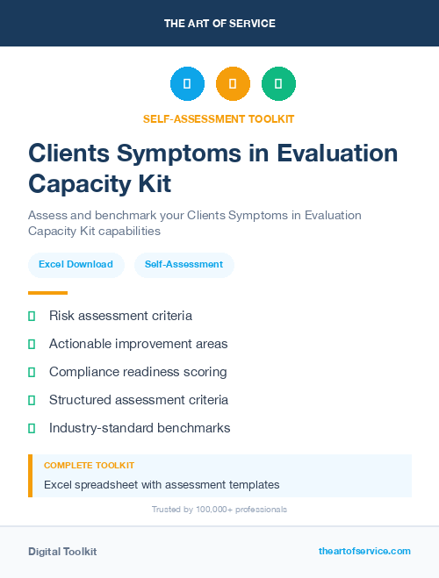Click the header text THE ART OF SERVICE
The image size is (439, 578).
pyautogui.click(x=219, y=24)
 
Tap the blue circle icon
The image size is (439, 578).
pyautogui.click(x=187, y=84)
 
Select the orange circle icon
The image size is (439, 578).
pyautogui.click(x=233, y=84)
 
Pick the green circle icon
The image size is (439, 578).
pyautogui.click(x=278, y=84)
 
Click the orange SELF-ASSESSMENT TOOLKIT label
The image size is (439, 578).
pyautogui.click(x=219, y=119)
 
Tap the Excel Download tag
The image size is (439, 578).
pyautogui.click(x=76, y=264)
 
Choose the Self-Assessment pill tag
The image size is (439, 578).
pyautogui.click(x=184, y=264)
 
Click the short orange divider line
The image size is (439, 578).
pyautogui.click(x=47, y=293)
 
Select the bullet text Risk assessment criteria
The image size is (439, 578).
pyautogui.click(x=120, y=316)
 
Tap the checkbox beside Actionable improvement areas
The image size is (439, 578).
pyautogui.click(x=32, y=344)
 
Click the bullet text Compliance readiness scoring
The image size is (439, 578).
pyautogui.click(x=138, y=372)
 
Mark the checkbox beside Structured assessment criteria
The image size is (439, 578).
pyautogui.click(x=32, y=400)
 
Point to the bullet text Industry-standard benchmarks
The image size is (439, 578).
pyautogui.click(x=140, y=428)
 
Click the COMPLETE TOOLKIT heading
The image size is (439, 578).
pyautogui.click(x=89, y=466)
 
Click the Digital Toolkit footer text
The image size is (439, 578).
pyautogui.click(x=62, y=552)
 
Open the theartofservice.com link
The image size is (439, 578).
pyautogui.click(x=364, y=551)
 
